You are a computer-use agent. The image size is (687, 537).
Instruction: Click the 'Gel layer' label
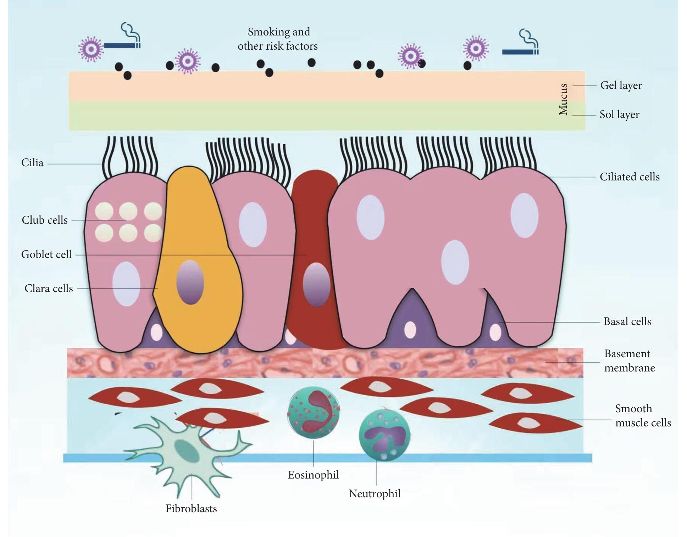click(x=621, y=85)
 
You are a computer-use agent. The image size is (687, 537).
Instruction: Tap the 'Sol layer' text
click(x=619, y=114)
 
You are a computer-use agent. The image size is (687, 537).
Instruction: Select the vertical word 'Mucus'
click(x=563, y=99)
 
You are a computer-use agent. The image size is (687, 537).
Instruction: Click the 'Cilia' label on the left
click(x=32, y=163)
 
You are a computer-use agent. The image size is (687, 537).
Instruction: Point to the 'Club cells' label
click(x=45, y=220)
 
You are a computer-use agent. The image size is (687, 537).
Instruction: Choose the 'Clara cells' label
click(x=49, y=289)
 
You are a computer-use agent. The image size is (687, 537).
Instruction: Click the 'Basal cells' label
click(x=627, y=321)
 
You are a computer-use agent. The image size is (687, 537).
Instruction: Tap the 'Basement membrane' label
click(x=629, y=361)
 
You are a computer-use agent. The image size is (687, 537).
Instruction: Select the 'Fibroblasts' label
click(x=191, y=509)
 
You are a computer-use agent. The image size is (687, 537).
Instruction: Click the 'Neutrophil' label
click(x=375, y=494)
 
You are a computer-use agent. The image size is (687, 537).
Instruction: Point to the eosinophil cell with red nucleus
click(x=313, y=412)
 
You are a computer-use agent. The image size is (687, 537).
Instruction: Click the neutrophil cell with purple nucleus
click(x=384, y=435)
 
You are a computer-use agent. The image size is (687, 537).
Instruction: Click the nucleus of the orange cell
click(x=190, y=282)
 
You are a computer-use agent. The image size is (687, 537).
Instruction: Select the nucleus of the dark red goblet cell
click(x=316, y=285)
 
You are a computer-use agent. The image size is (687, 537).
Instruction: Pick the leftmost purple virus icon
click(x=91, y=49)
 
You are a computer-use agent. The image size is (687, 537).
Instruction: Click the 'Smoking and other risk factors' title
click(x=278, y=39)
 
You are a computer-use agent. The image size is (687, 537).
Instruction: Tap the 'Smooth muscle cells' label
click(x=642, y=416)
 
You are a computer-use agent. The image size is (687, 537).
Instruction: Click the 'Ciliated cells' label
click(x=629, y=177)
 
